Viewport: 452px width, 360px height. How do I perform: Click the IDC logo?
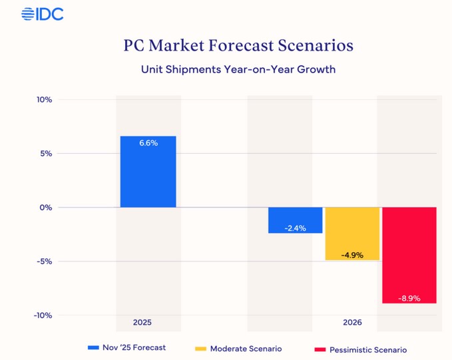42,13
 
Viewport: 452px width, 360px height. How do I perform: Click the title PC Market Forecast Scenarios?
238,46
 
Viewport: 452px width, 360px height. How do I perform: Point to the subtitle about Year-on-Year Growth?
238,69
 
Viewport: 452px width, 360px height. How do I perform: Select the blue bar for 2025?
148,172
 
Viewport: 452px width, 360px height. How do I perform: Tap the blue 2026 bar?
295,220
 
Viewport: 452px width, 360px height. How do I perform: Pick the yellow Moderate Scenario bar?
352,233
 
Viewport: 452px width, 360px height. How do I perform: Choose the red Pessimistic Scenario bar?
409,255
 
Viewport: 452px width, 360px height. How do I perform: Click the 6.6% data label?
148,143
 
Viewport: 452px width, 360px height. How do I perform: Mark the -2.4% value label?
295,228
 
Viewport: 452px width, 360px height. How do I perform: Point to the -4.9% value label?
352,255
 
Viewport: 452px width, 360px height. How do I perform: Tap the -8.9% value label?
409,298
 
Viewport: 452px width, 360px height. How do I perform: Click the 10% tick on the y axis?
44,100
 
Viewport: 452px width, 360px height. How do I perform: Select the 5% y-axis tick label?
46,154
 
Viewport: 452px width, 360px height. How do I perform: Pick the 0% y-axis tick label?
46,208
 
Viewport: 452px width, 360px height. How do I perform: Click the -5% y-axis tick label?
45,262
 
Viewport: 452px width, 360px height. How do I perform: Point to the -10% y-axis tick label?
43,315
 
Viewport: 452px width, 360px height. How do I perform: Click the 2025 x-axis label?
142,322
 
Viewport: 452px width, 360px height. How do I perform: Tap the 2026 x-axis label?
352,322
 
